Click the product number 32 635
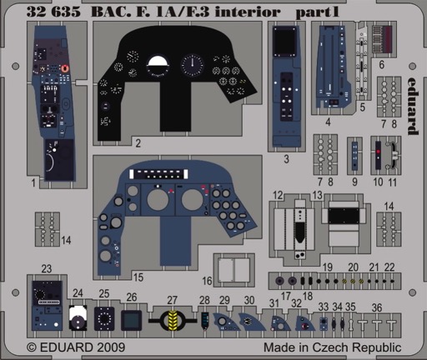tap(53, 12)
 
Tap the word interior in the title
tap(248, 12)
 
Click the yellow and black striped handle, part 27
tap(173, 321)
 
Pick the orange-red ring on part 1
tap(65, 68)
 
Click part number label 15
tap(138, 277)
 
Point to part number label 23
tap(47, 268)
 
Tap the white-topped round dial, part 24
tap(78, 317)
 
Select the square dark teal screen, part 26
tap(132, 320)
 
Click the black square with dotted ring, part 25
tap(104, 318)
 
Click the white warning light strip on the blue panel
tap(158, 174)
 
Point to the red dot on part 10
tap(379, 152)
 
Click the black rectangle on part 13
tap(344, 216)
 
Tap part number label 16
tap(207, 281)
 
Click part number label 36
tap(377, 307)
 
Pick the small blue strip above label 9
tap(354, 156)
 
